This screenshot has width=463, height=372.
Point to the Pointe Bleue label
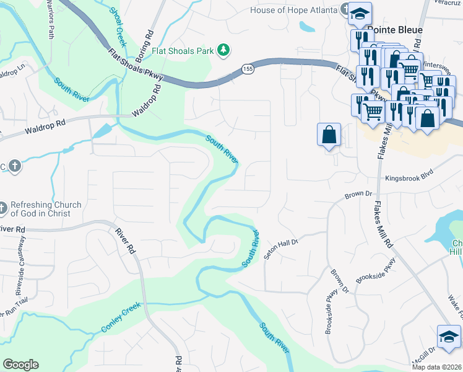click(x=395, y=30)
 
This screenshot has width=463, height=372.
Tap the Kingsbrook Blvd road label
click(x=409, y=178)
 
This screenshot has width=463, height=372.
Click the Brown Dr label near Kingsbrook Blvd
click(x=357, y=195)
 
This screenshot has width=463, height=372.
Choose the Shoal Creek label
click(x=118, y=27)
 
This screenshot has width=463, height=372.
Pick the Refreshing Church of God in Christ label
click(x=46, y=209)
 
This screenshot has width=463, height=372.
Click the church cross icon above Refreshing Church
click(x=15, y=166)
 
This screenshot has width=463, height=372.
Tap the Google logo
click(x=20, y=365)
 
